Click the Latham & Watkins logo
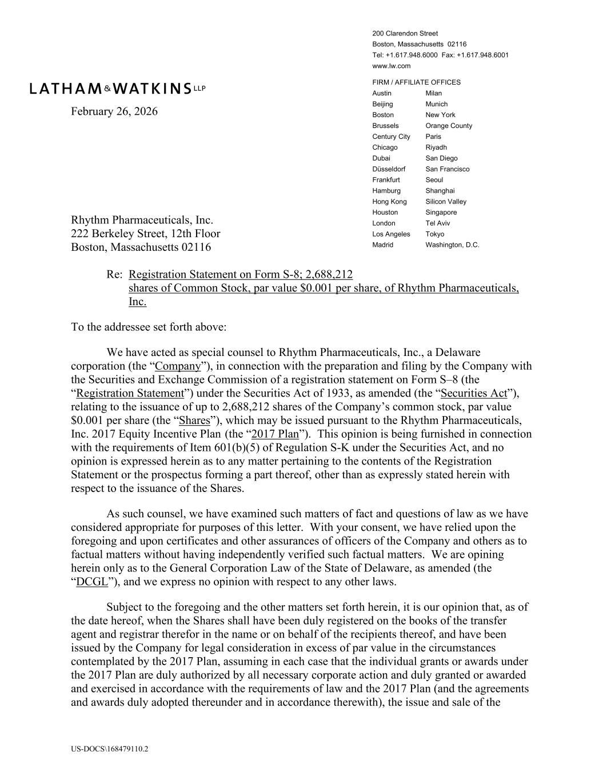pos(117,88)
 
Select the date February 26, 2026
pos(114,111)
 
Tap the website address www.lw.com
pos(391,66)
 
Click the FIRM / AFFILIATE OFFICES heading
pos(416,82)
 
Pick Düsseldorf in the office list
pos(389,169)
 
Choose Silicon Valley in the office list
pos(446,202)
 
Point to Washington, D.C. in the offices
pos(452,245)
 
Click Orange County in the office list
pos(449,126)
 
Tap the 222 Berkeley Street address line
pos(145,234)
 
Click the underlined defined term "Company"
pos(178,366)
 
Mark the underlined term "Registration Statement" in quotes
pos(130,393)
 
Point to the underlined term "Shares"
pos(194,421)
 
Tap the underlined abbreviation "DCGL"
pos(92,582)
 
